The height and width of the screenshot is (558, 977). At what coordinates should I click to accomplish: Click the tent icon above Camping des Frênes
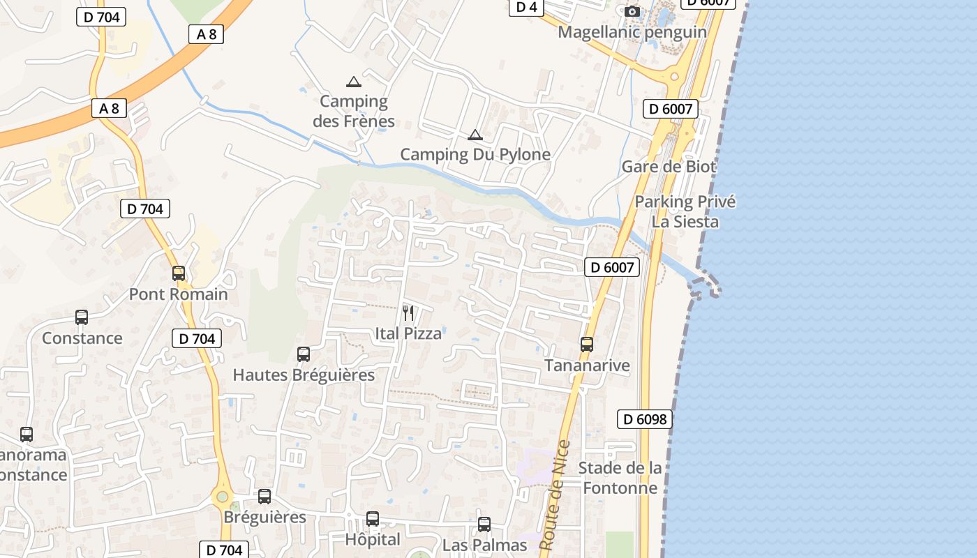[x=354, y=82]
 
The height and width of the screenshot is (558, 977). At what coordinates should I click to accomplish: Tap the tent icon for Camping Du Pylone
[x=475, y=135]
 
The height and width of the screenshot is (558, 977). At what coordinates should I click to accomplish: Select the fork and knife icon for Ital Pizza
[x=408, y=313]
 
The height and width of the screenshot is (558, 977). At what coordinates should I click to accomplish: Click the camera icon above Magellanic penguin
[x=632, y=12]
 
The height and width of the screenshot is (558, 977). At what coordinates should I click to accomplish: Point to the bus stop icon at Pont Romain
[x=179, y=273]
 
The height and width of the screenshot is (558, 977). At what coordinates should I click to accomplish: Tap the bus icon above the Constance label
[x=82, y=317]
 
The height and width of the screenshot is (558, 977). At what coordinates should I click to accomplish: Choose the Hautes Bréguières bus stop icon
[x=304, y=354]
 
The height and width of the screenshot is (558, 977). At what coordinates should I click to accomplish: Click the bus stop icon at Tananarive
[x=587, y=345]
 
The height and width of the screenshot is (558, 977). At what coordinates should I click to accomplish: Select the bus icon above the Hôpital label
[x=373, y=519]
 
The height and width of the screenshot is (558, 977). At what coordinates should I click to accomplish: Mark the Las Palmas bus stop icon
[x=484, y=525]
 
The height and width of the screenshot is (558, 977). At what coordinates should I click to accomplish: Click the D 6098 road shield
[x=646, y=419]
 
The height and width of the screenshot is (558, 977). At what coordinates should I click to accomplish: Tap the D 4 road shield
[x=526, y=7]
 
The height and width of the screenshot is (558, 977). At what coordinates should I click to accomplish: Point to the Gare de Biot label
[x=669, y=167]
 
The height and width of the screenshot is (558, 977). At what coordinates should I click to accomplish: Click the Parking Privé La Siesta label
[x=685, y=212]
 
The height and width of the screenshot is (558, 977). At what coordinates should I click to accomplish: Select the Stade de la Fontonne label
[x=620, y=478]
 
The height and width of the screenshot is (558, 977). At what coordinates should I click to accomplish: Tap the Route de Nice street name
[x=555, y=495]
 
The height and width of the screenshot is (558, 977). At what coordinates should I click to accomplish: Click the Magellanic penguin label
[x=632, y=32]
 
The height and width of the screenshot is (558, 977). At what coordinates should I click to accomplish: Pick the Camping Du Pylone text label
[x=475, y=154]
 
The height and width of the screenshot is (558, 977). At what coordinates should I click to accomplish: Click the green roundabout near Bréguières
[x=222, y=497]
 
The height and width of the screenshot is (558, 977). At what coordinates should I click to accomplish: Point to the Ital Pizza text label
[x=408, y=333]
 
